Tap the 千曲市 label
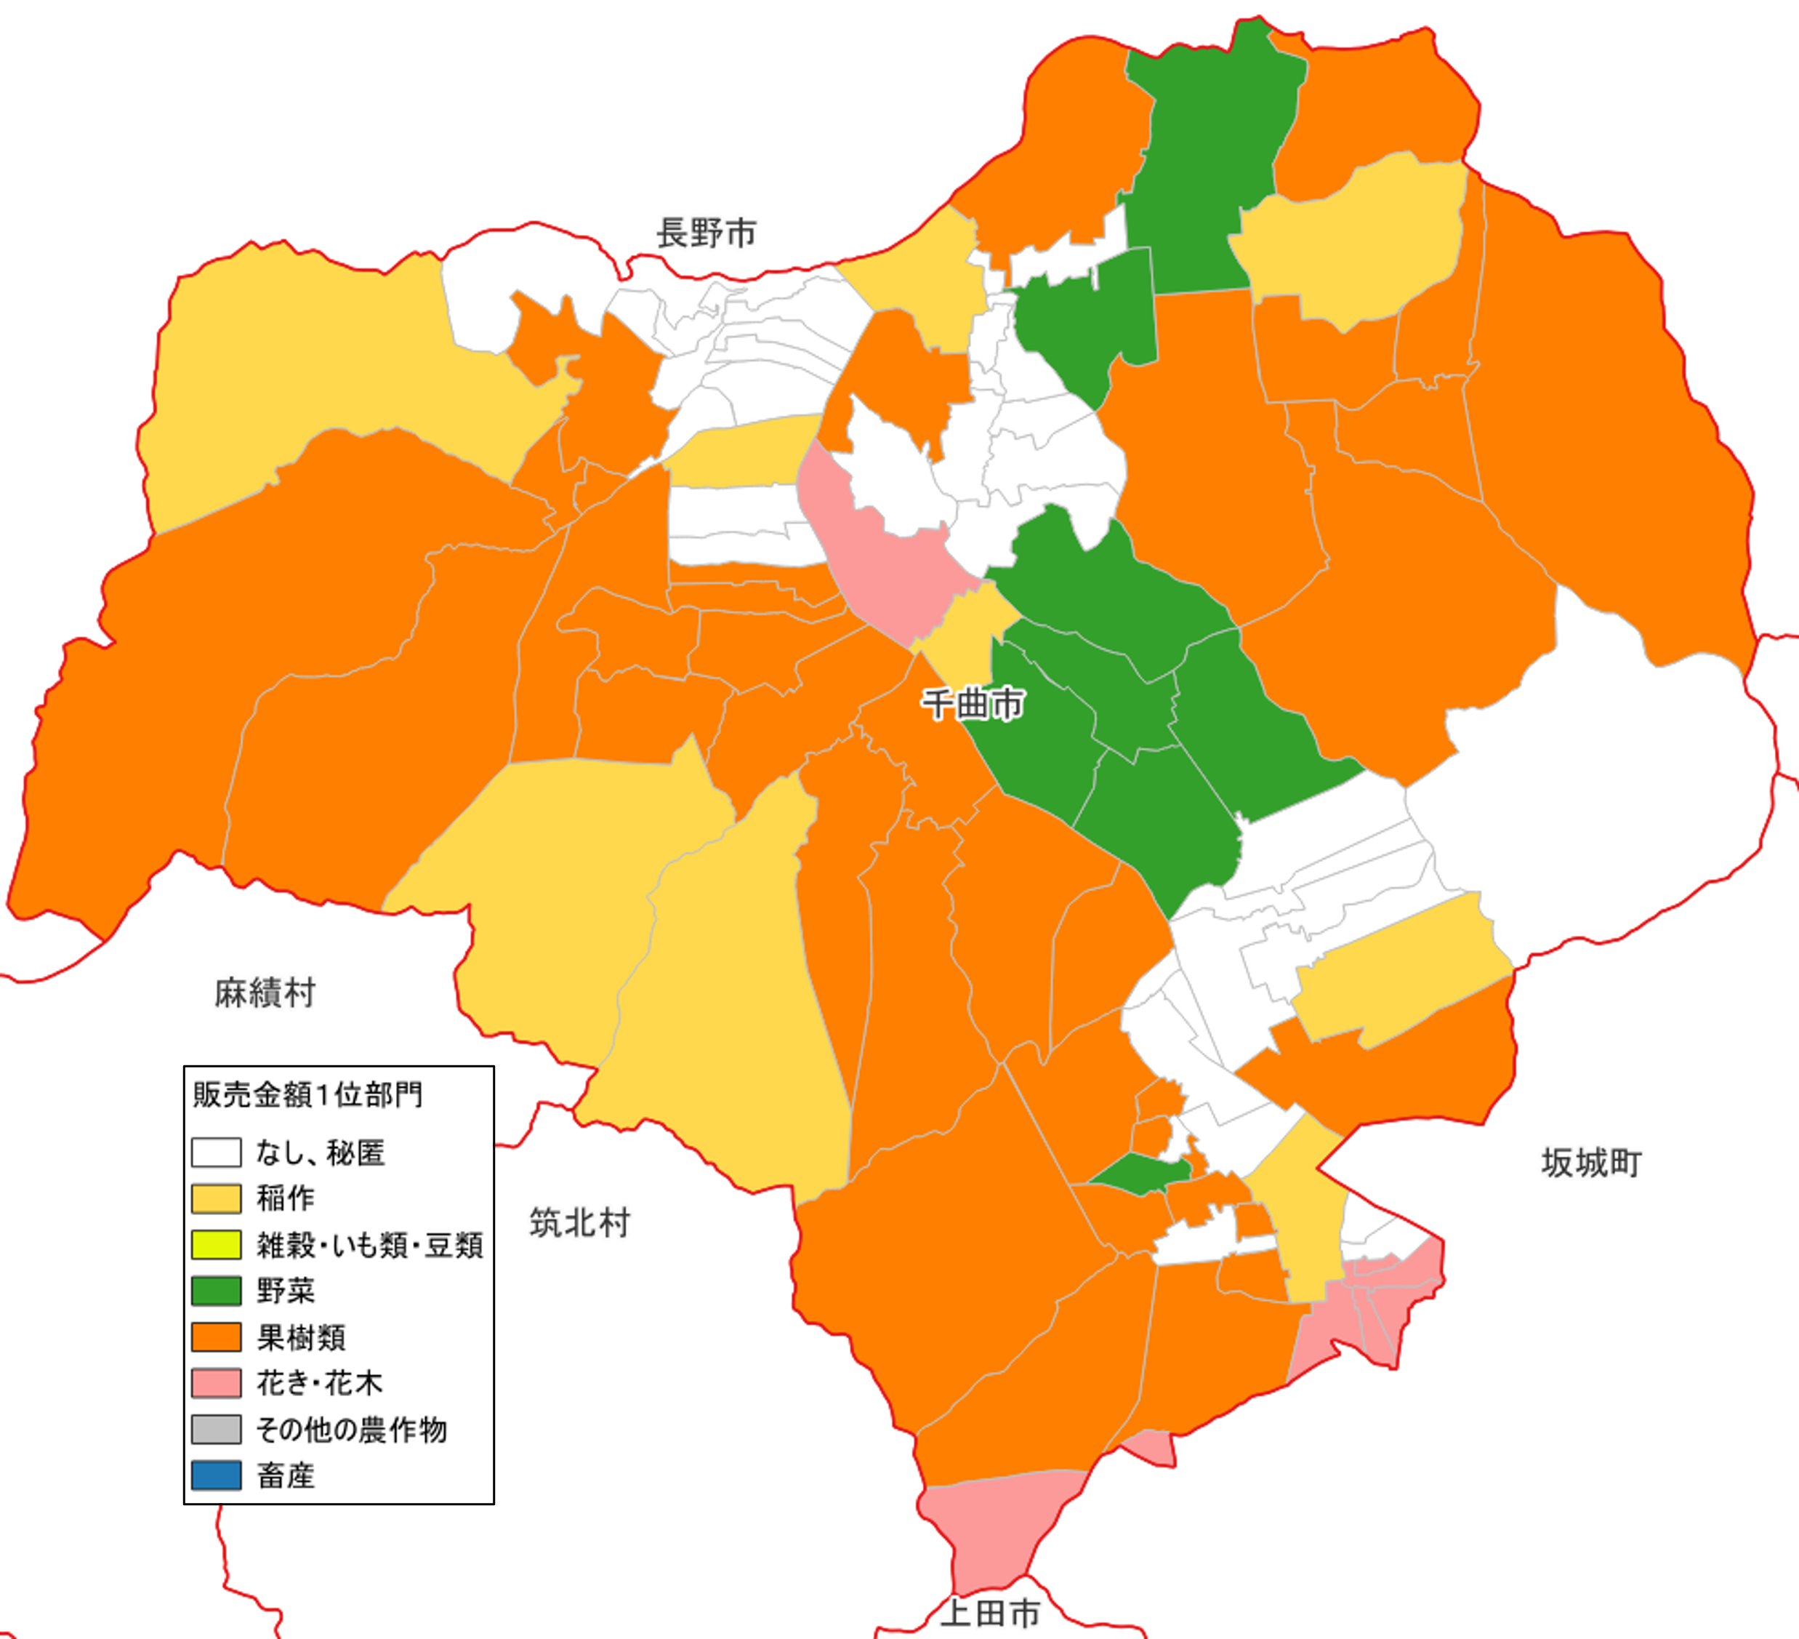click(x=972, y=705)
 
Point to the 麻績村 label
click(x=265, y=993)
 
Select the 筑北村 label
click(x=580, y=1222)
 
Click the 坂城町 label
click(x=1591, y=1163)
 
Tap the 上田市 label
click(x=991, y=1613)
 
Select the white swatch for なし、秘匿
click(x=216, y=1153)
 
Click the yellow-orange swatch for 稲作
click(x=216, y=1198)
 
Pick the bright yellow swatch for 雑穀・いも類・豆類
click(x=216, y=1244)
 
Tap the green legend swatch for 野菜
click(x=216, y=1290)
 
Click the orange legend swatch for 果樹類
click(x=216, y=1337)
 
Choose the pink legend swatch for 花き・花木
click(x=216, y=1383)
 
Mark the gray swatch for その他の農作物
click(x=216, y=1429)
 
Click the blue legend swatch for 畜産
click(x=216, y=1475)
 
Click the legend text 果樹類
click(x=301, y=1337)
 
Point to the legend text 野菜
click(x=286, y=1291)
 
